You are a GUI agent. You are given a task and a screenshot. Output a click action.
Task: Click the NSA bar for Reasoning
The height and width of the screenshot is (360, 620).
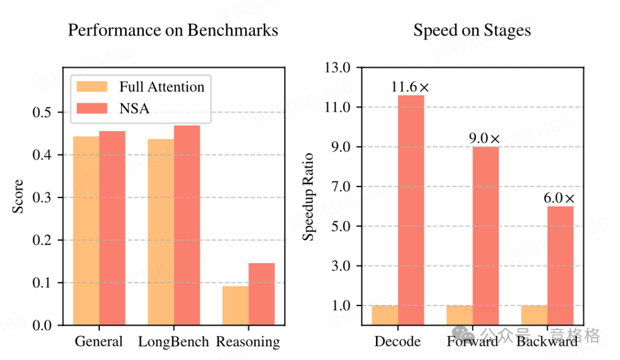(262, 294)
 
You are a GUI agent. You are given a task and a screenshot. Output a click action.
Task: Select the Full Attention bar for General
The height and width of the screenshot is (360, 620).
(86, 231)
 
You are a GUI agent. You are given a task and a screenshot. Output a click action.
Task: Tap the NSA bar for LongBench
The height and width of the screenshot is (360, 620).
(187, 225)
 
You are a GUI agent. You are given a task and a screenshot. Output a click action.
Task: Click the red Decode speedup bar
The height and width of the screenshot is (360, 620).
(411, 210)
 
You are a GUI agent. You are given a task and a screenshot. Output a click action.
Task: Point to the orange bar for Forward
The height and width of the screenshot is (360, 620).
(459, 315)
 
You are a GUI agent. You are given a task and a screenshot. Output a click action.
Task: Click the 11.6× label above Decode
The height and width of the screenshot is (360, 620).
(410, 87)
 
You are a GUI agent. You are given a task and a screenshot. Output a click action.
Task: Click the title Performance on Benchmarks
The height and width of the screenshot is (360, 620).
(173, 30)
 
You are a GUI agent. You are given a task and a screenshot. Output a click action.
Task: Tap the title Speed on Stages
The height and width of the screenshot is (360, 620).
(472, 30)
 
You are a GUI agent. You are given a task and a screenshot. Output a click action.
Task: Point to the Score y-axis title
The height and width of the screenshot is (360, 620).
(18, 196)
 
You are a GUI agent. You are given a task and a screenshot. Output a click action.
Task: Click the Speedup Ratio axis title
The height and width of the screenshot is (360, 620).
(309, 196)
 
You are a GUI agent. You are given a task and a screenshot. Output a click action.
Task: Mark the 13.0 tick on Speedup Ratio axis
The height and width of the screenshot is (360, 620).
(338, 68)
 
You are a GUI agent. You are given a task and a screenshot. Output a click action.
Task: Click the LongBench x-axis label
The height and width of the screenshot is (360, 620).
(173, 342)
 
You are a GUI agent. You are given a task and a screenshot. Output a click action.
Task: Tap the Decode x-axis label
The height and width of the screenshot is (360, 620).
(397, 342)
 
